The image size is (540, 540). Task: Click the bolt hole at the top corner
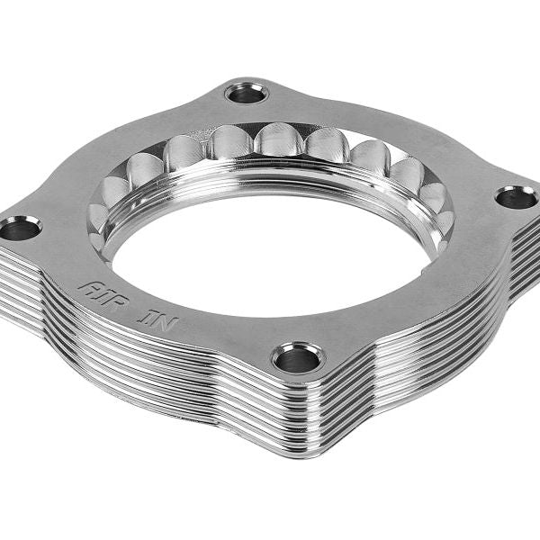point(246,93)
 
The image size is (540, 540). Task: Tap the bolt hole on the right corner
point(517,197)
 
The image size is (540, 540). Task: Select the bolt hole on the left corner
point(20,229)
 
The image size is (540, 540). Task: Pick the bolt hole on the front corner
point(298,359)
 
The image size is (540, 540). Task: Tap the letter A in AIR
point(87,286)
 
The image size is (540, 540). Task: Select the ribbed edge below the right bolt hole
point(520,247)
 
